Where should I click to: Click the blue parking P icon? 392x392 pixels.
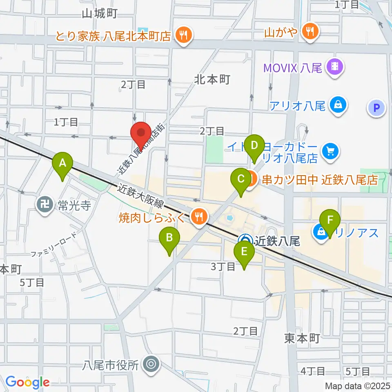click(376, 108)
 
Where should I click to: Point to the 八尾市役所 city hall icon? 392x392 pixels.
click(151, 363)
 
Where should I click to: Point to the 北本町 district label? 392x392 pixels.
click(212, 79)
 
